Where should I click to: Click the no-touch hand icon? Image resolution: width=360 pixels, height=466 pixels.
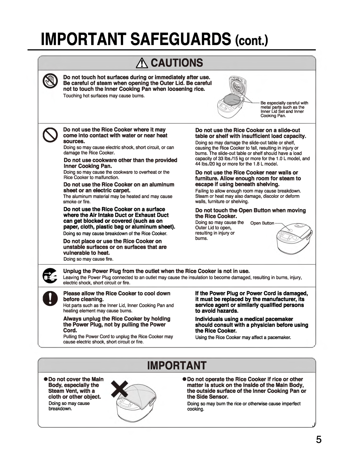(x=50, y=82)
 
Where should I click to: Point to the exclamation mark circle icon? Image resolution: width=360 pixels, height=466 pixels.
(x=50, y=299)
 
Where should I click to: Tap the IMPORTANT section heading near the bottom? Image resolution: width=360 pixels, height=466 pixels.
(x=177, y=365)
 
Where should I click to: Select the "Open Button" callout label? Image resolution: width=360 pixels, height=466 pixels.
(x=262, y=223)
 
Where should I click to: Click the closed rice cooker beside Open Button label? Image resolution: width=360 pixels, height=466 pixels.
(x=294, y=238)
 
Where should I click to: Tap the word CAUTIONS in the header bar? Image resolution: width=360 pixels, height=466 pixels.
(x=177, y=63)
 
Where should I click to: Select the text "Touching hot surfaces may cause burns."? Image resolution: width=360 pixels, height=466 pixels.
(x=104, y=96)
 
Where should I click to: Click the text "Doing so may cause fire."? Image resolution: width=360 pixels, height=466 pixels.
(x=88, y=259)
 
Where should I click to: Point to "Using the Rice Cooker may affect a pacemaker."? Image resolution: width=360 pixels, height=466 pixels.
(x=243, y=337)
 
